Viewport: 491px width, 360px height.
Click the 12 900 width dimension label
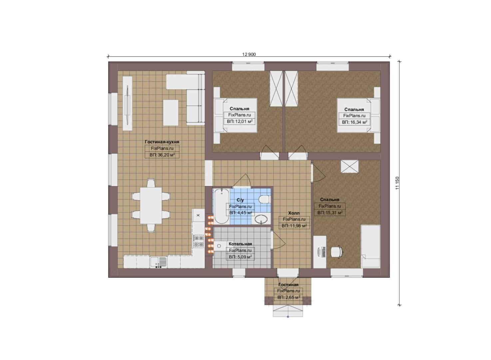click(249, 54)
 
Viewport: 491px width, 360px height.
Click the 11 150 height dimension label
click(398, 183)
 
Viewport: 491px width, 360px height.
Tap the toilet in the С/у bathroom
click(264, 199)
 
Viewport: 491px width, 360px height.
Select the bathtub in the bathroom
click(222, 206)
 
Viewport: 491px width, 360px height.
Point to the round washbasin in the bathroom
click(261, 219)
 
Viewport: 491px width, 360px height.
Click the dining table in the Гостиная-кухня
click(151, 206)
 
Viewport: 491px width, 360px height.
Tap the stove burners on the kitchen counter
click(198, 241)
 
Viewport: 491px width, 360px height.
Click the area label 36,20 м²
click(162, 155)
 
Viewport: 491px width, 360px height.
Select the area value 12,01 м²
click(240, 121)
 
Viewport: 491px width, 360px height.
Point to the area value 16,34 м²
click(354, 122)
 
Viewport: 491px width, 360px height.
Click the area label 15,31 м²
click(330, 213)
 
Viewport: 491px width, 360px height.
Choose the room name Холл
click(294, 213)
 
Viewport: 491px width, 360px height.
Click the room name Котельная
click(240, 244)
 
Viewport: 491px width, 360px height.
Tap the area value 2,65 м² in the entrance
click(289, 297)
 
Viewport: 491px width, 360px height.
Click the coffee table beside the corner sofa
click(171, 113)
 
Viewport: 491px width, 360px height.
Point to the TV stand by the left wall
click(127, 103)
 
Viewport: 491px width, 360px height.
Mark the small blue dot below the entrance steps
click(288, 317)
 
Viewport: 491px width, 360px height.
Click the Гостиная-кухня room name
click(162, 142)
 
